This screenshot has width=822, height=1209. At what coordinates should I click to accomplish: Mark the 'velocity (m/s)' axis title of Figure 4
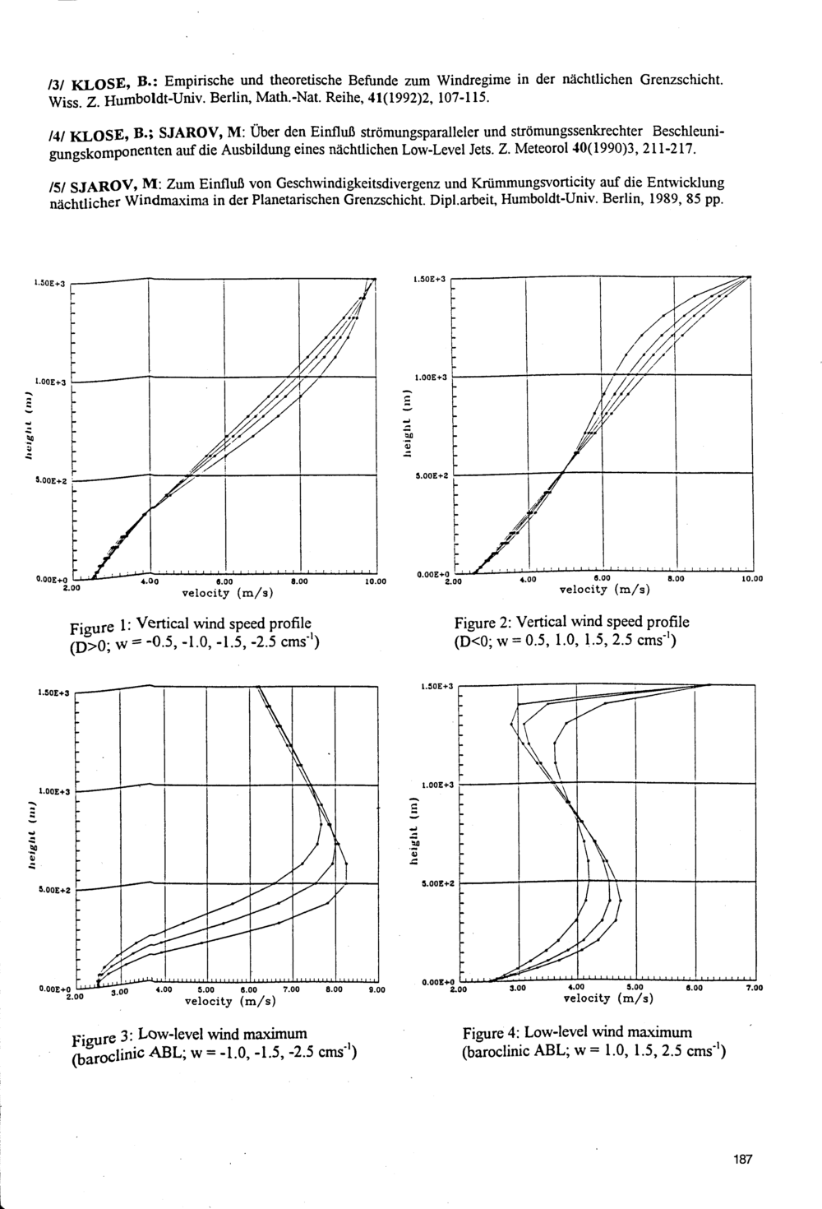pos(607,998)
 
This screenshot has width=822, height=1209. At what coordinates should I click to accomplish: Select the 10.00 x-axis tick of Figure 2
pos(751,579)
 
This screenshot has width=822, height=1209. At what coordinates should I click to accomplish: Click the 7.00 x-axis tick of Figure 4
pos(754,988)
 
